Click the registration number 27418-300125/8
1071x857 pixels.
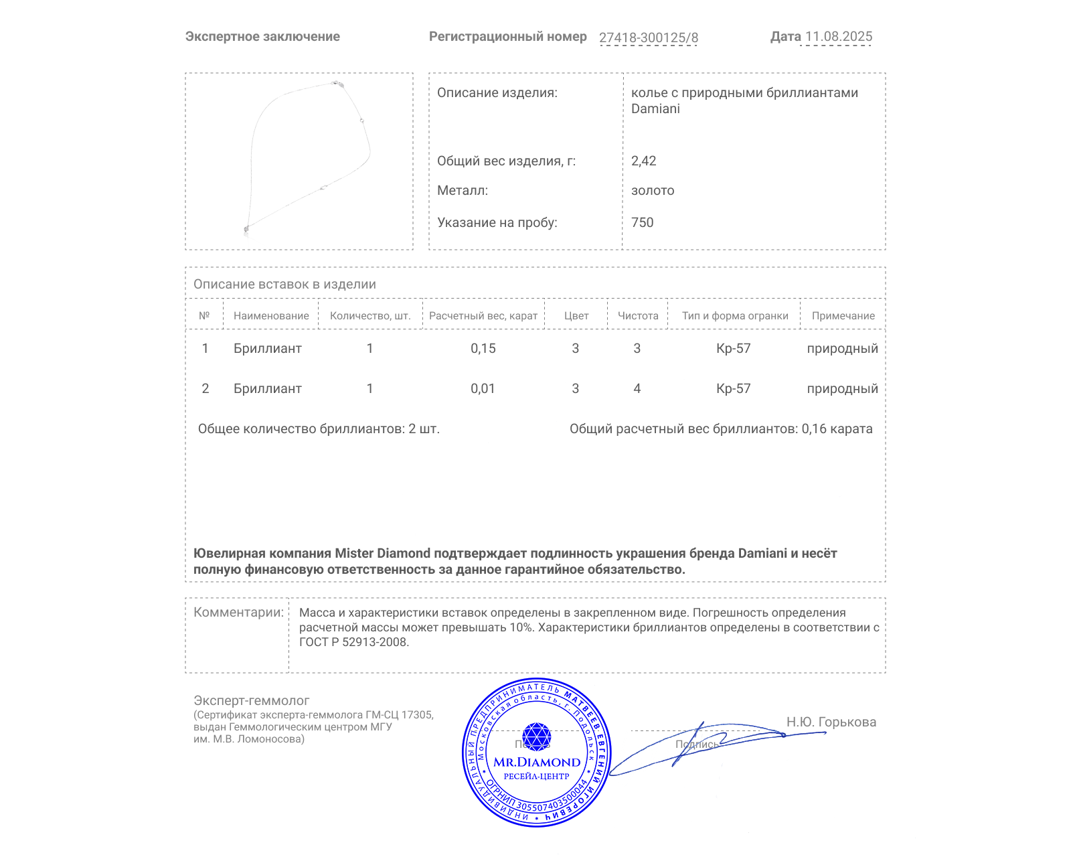point(648,37)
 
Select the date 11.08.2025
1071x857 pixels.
point(839,37)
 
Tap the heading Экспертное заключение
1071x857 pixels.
point(262,37)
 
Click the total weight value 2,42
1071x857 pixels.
point(643,161)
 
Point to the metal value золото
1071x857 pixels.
point(653,191)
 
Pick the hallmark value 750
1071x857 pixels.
point(642,222)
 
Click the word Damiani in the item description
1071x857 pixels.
point(655,109)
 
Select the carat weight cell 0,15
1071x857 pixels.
point(483,348)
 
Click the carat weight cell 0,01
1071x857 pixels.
point(483,388)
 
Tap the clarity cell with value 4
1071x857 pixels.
point(637,388)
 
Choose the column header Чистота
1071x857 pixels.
point(638,316)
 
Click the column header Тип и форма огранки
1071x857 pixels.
point(735,316)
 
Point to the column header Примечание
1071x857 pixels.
point(843,316)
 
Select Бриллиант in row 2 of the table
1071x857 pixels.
point(267,388)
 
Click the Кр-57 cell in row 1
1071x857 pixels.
point(733,348)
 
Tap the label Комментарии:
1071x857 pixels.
point(238,612)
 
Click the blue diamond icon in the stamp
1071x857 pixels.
point(536,736)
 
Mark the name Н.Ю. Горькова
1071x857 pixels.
point(831,722)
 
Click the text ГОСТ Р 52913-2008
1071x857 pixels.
point(353,642)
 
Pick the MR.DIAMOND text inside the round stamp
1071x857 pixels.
point(537,762)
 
